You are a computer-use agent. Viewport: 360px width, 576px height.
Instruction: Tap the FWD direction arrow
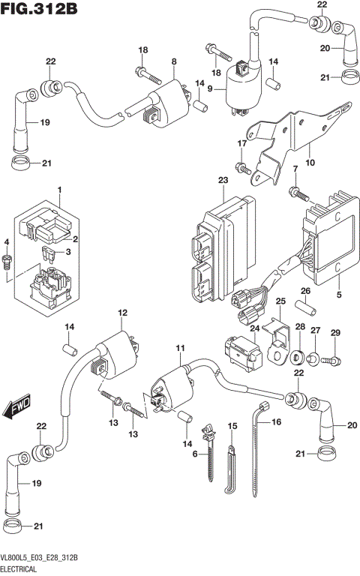[16, 409]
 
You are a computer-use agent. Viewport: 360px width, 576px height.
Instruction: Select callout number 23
[223, 181]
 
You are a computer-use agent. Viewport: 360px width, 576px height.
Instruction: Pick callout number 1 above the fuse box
[59, 191]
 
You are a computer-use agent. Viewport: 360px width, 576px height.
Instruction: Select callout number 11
[179, 349]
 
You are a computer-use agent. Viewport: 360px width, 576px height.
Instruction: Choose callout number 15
[232, 426]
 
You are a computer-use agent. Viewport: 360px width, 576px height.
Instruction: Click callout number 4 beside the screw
[7, 242]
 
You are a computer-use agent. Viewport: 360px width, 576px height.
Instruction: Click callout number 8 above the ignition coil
[173, 61]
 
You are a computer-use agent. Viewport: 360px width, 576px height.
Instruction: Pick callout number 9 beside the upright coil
[210, 89]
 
